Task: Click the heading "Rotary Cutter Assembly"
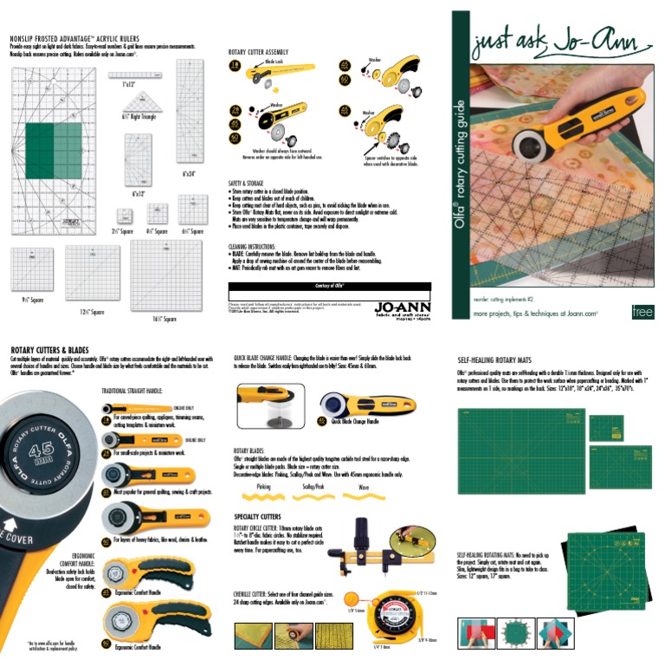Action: pos(263,52)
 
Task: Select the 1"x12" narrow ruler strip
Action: pos(129,75)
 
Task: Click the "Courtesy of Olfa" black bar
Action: pos(329,285)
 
